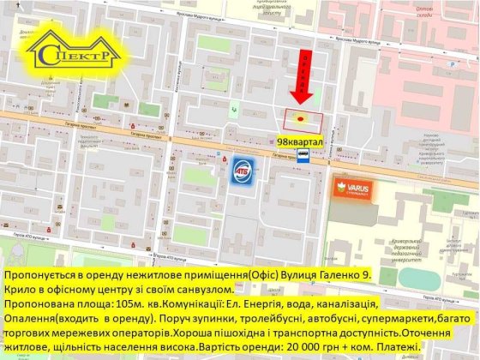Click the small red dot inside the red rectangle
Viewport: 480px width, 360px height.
pos(301,118)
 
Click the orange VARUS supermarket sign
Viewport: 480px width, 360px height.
pos(353,190)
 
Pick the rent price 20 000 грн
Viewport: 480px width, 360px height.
pos(327,346)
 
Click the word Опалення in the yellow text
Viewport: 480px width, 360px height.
pos(31,319)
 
